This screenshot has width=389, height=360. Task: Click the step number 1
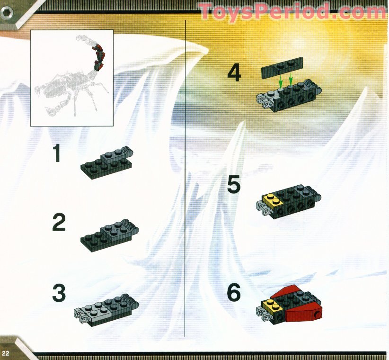tap(57, 154)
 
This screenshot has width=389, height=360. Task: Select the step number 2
tap(59, 223)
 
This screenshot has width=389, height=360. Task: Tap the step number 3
tap(59, 293)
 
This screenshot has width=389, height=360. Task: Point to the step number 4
tap(234, 73)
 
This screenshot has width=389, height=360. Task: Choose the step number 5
tap(234, 184)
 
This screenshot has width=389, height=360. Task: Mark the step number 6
tap(234, 293)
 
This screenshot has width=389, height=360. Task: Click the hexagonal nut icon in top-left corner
tap(7, 13)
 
